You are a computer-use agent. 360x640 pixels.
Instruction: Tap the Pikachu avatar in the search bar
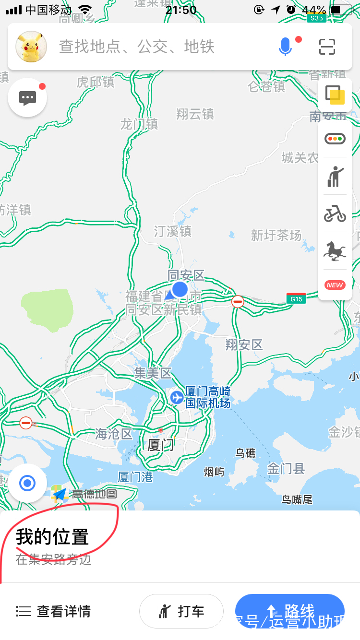[31, 47]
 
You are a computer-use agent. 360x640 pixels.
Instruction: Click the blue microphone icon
[285, 47]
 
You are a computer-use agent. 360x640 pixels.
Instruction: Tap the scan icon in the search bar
[327, 47]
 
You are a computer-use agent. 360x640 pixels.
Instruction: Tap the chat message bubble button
[27, 97]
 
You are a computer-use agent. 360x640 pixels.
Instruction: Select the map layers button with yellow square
[335, 95]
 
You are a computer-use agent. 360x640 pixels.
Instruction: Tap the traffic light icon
[335, 139]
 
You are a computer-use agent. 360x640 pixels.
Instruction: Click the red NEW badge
[335, 284]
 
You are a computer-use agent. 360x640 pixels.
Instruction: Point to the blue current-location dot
[180, 289]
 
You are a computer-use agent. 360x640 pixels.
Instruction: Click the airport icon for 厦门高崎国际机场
[177, 397]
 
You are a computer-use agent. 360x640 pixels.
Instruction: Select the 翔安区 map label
[244, 344]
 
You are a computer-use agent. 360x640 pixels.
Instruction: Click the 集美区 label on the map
[153, 373]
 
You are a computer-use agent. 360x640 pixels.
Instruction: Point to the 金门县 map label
[286, 469]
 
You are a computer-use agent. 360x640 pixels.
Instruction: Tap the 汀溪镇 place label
[172, 231]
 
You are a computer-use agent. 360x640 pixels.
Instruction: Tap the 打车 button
[181, 611]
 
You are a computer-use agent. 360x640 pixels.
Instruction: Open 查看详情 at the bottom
[53, 611]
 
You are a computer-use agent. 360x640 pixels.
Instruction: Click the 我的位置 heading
[52, 537]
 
